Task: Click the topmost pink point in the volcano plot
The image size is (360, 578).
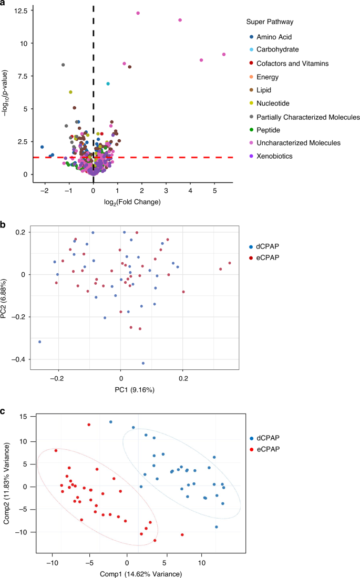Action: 138,13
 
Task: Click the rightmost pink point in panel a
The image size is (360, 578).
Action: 224,54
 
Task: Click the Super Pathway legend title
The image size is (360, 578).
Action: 269,22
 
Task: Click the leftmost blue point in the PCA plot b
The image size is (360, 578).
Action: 39,342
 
